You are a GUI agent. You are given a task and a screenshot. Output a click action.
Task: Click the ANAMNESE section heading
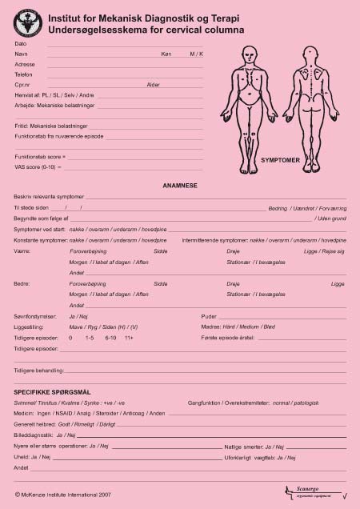tap(180, 185)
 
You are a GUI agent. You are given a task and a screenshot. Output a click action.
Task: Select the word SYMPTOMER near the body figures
tap(280, 160)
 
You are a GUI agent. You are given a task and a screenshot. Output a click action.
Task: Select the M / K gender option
tap(196, 53)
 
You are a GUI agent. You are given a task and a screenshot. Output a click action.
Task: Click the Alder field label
tap(154, 84)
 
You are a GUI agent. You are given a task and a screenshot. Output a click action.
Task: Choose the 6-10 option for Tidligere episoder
tap(111, 338)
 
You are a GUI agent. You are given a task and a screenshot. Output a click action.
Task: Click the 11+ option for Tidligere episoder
tap(129, 338)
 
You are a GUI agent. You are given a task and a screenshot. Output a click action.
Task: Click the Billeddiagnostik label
tap(33, 435)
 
